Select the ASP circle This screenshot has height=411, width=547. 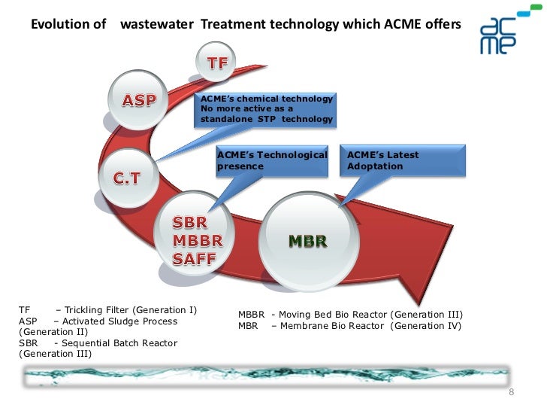(140, 100)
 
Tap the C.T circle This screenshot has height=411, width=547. (126, 178)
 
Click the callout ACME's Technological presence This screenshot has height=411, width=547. (272, 160)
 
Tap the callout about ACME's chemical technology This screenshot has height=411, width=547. (266, 110)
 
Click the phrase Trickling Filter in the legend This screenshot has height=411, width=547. (98, 310)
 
